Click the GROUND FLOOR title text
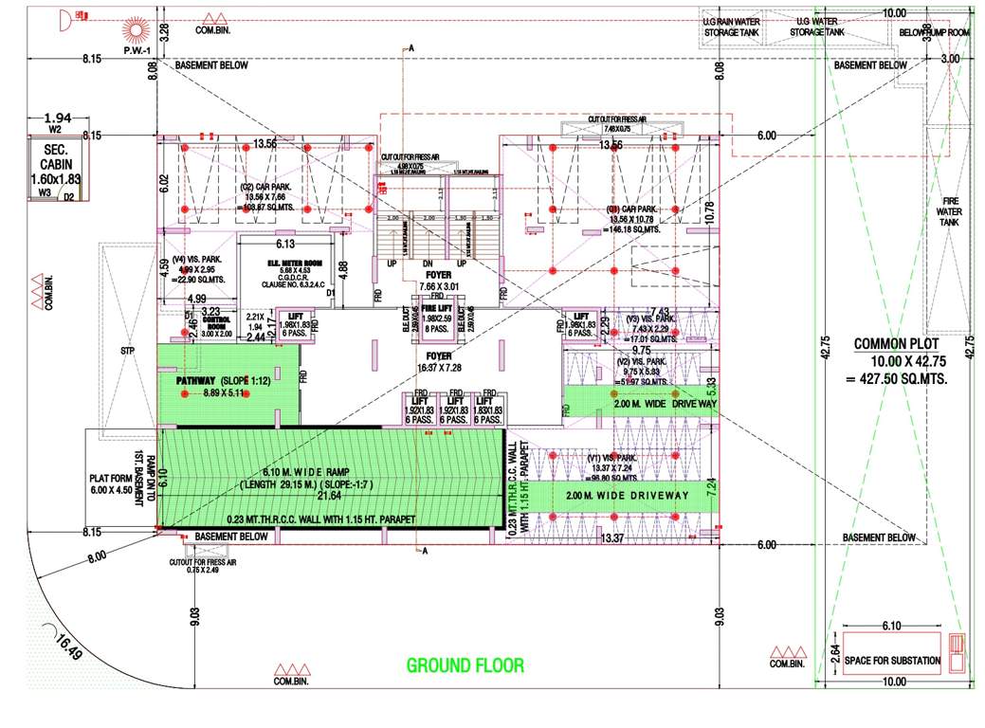point(465,665)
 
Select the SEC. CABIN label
point(55,155)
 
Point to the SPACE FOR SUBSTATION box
point(893,660)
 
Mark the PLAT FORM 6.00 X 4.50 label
point(113,484)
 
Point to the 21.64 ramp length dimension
point(329,496)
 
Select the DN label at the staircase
point(428,264)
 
